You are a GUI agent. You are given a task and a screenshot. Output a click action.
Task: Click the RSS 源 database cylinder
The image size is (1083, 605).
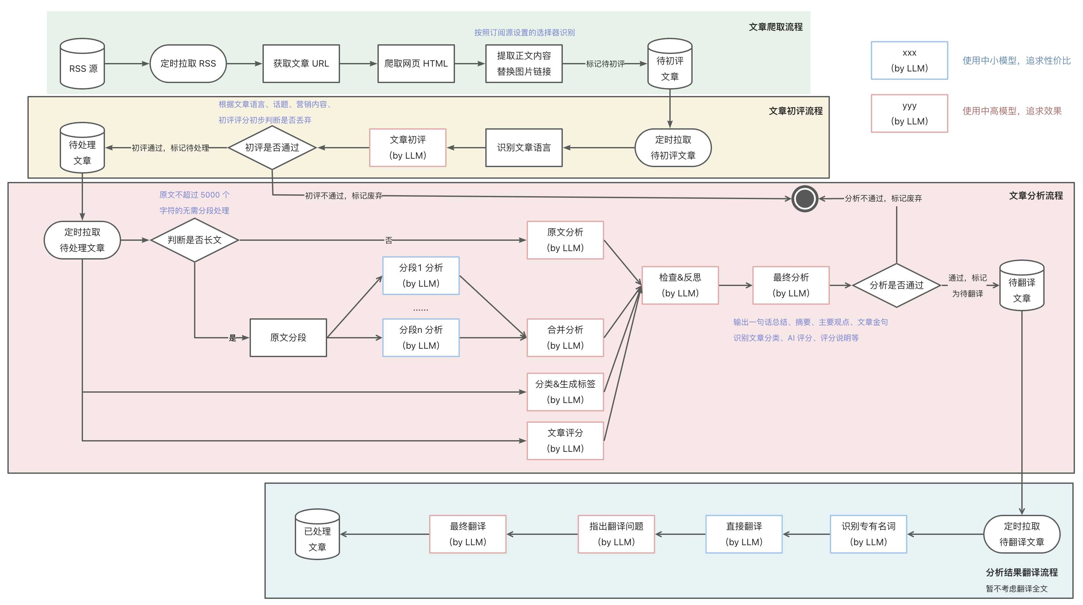[x=82, y=64]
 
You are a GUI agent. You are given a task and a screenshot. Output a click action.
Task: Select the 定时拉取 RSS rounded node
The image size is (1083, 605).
[x=188, y=64]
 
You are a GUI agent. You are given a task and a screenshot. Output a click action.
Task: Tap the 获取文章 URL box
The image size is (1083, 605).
[x=301, y=64]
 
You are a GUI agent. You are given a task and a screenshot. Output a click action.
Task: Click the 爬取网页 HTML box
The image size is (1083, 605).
[x=416, y=64]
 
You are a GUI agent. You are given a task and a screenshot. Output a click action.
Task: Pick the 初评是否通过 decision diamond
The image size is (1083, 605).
[x=272, y=148]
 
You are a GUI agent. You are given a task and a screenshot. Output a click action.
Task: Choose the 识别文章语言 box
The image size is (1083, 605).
[x=524, y=148]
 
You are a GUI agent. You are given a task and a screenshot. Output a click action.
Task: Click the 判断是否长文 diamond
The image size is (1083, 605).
[x=195, y=240]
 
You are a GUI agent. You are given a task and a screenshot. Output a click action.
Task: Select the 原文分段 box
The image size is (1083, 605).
[x=288, y=337]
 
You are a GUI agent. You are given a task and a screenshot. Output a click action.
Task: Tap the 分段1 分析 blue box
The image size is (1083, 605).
[x=421, y=276]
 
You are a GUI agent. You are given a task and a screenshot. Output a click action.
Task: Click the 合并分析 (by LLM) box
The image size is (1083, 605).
[x=565, y=337]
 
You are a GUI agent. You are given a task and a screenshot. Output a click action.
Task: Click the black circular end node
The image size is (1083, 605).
[x=805, y=198]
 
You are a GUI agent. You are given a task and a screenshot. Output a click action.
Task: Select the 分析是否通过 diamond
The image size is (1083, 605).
[x=896, y=285]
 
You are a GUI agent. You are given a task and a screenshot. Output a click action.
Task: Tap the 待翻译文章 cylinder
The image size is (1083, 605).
[x=1022, y=285]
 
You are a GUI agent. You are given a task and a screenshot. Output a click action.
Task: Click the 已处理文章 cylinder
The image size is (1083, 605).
[x=317, y=534]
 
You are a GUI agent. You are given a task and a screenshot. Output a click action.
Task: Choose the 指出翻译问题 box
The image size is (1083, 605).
[x=616, y=534]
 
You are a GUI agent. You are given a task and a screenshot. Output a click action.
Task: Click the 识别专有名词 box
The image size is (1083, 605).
[x=869, y=534]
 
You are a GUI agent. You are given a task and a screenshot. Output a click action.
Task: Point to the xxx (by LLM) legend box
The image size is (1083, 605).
[x=909, y=60]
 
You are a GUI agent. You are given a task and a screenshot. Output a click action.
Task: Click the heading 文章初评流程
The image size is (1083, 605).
[x=795, y=111]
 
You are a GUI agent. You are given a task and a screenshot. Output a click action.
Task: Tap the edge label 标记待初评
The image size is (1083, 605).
[x=605, y=64]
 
